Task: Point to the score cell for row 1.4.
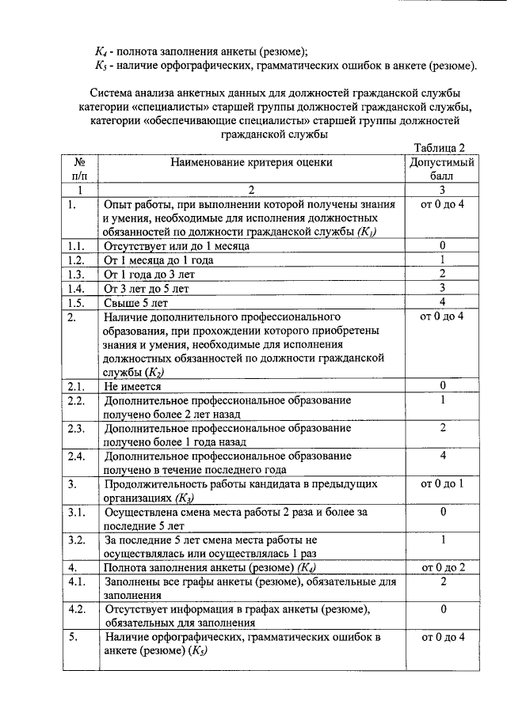[442, 288]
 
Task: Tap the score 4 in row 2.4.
[442, 456]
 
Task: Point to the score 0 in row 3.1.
[442, 513]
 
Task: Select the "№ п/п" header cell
[79, 169]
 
